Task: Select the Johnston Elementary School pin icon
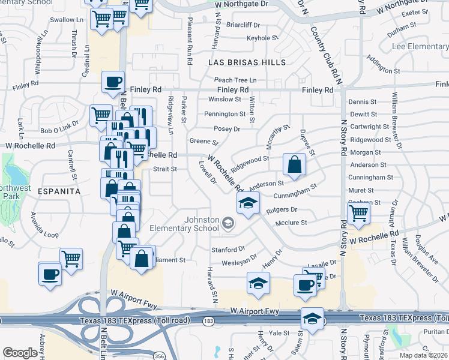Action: coord(228,224)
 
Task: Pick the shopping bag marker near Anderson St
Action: coord(294,164)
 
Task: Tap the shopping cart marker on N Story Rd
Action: coord(358,213)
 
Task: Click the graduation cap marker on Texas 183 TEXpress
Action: coord(312,318)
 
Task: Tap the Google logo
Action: coord(20,353)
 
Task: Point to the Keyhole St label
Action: coord(262,38)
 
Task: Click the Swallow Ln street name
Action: coord(67,20)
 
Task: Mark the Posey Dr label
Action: coord(227,128)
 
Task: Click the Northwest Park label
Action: coord(16,191)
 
